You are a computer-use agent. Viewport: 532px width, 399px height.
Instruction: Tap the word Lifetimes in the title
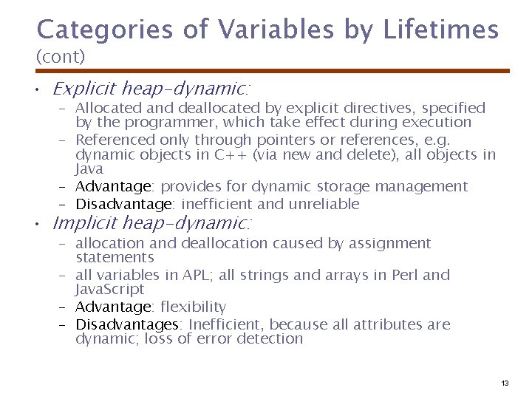(x=441, y=30)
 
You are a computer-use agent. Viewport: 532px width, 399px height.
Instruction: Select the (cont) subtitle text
(x=61, y=56)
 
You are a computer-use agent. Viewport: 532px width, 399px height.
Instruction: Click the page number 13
(x=505, y=383)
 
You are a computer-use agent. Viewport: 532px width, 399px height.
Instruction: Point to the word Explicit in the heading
(x=84, y=89)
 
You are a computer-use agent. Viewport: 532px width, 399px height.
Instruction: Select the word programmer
(x=153, y=123)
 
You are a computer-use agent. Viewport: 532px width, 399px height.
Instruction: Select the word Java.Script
(x=110, y=290)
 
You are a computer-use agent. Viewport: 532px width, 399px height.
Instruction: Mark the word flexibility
(x=193, y=307)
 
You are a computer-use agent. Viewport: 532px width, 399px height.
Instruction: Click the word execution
(x=433, y=123)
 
